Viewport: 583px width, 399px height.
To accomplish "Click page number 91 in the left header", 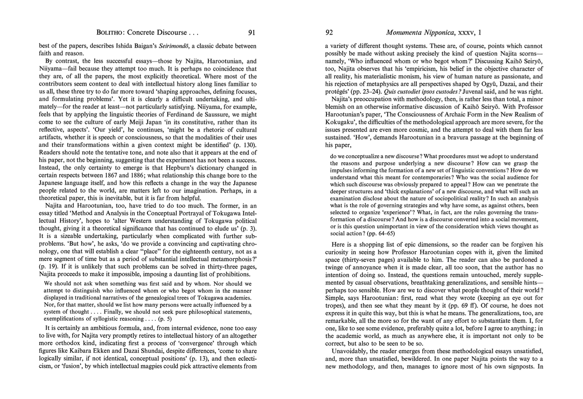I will (x=251, y=33).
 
